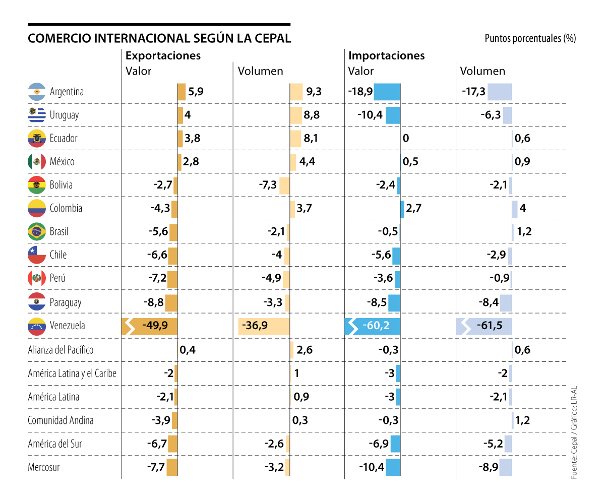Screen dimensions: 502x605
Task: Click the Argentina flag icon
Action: pyautogui.click(x=37, y=92)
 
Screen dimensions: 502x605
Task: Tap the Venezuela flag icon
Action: pyautogui.click(x=37, y=326)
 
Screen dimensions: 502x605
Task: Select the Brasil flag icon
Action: pyautogui.click(x=37, y=232)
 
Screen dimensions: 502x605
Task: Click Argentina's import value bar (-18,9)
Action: pyautogui.click(x=387, y=92)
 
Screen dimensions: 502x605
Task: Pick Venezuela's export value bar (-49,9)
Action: pyautogui.click(x=150, y=326)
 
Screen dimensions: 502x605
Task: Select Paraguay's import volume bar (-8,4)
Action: pyautogui.click(x=506, y=302)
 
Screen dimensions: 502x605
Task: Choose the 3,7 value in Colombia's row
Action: pyautogui.click(x=305, y=208)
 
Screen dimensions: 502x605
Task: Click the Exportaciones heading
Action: pyautogui.click(x=163, y=55)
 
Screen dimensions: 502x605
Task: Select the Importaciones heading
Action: pyautogui.click(x=387, y=55)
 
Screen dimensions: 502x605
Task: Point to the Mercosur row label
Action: pyautogui.click(x=44, y=467)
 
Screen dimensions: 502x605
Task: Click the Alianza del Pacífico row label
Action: pyautogui.click(x=60, y=349)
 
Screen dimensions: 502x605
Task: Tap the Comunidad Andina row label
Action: pyautogui.click(x=60, y=420)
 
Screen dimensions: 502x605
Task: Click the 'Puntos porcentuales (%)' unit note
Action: pyautogui.click(x=530, y=38)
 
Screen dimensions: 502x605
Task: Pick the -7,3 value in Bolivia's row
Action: pyautogui.click(x=267, y=185)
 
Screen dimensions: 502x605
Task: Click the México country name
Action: pyautogui.click(x=62, y=162)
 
